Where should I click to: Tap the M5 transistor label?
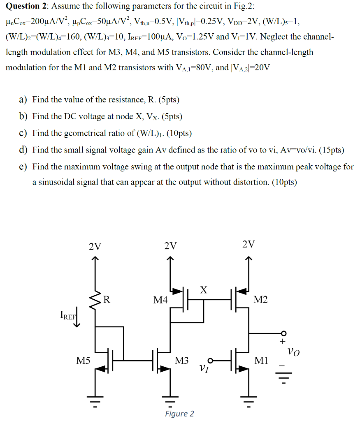pos(83,361)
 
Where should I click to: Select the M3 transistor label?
pos(181,361)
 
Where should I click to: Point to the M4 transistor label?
pos(160,301)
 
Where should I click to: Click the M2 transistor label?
pos(260,300)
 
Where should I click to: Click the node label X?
pos(203,290)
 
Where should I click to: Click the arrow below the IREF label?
pos(77,319)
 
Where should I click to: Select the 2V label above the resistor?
pos(95,247)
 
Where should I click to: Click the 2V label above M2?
pos(249,245)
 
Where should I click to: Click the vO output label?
pos(294,352)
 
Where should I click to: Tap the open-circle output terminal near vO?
pos(283,333)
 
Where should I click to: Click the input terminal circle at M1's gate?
pos(211,361)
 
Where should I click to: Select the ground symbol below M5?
pos(95,400)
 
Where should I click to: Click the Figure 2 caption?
pos(179,414)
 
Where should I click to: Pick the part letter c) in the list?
pos(23,133)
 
